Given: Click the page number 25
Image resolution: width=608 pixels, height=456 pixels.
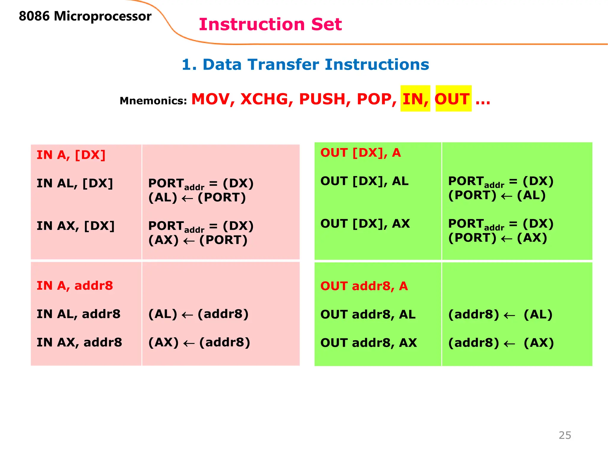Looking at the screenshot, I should coord(565,435).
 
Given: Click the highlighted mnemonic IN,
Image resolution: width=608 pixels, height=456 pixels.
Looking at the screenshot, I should coord(415,99).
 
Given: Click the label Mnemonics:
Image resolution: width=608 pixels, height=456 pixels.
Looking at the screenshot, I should coord(153,101).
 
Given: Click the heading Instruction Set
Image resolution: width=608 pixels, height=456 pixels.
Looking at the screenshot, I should coord(270,24).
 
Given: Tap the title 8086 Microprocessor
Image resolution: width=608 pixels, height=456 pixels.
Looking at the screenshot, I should coord(85,16).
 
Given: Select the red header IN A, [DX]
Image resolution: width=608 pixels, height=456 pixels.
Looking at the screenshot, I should coord(71,155).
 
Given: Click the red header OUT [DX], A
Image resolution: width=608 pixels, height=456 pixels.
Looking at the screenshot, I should coord(360,153).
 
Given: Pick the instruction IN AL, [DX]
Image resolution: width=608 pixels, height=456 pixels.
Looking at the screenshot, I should coord(75,183).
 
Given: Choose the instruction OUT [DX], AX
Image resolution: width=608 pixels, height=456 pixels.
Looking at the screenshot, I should coord(365,224).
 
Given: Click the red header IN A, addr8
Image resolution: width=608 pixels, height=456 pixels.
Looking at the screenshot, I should coord(75,286).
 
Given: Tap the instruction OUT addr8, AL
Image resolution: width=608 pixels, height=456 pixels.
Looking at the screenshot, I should coord(368,314).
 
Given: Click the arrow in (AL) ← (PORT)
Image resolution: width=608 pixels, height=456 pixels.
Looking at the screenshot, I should coord(187,198).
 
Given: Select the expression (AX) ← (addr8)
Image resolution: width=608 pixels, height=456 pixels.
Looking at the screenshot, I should coord(199,343).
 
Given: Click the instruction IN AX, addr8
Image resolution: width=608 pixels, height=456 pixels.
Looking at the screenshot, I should coord(79,343).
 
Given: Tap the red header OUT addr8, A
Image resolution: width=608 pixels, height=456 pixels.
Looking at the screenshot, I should coord(364,286).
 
